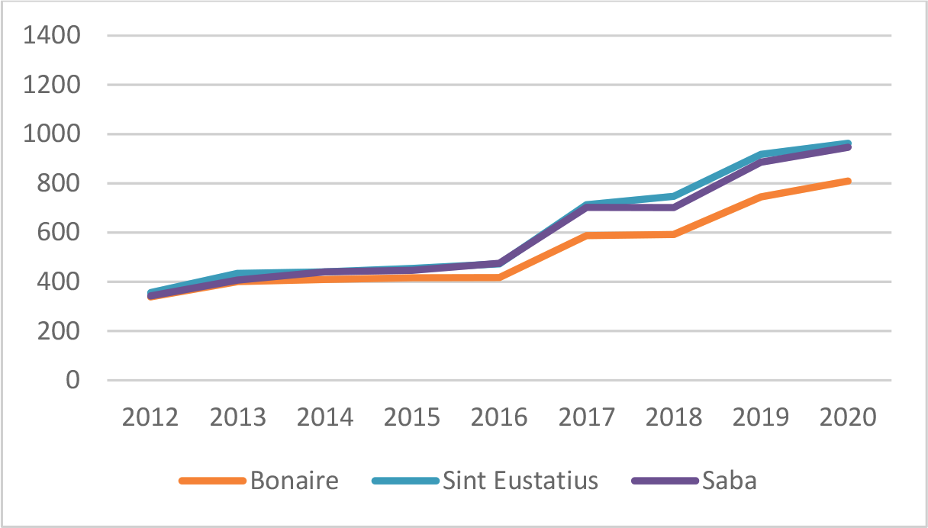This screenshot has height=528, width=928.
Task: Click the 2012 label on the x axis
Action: tap(150, 417)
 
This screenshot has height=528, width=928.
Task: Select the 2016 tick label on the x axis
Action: tap(500, 417)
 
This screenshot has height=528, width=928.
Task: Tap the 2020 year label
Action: tap(848, 417)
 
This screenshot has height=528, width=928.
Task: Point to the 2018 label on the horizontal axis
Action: tap(674, 417)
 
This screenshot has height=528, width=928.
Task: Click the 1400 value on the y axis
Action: tap(53, 36)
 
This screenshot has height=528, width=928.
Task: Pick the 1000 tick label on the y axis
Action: tap(53, 134)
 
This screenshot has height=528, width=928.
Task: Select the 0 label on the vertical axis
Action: tap(72, 380)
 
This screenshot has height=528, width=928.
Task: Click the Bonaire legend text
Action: tap(294, 481)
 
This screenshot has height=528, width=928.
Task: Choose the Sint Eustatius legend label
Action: tap(520, 481)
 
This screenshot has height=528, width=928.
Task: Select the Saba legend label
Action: tap(730, 481)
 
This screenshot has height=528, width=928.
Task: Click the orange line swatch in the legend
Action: tap(212, 481)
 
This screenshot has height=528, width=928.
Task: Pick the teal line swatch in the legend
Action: tap(404, 481)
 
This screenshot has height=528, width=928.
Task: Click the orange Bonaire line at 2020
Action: tap(848, 181)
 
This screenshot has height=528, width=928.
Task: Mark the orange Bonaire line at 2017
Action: tap(587, 236)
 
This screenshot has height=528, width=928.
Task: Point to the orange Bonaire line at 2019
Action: tap(761, 197)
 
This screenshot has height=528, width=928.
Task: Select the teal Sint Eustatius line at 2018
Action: tap(674, 196)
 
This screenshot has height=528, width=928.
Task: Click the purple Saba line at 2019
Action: tap(761, 162)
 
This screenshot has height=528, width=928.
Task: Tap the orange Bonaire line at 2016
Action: tap(500, 278)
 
